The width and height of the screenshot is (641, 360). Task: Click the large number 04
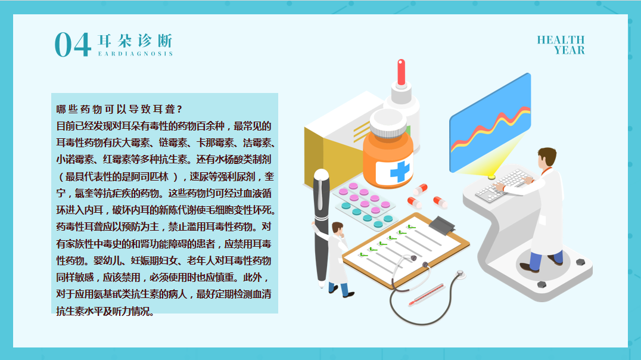tap(73, 44)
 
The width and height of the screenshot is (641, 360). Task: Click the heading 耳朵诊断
tap(135, 41)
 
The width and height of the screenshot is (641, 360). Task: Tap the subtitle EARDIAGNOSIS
tap(135, 54)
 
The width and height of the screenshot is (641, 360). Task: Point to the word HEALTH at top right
tap(561, 40)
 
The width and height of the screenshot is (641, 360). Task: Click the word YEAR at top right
tap(570, 50)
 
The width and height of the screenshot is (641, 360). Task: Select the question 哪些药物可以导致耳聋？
tap(119, 109)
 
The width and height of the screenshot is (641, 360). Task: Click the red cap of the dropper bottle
tap(402, 72)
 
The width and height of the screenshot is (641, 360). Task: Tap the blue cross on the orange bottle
tap(399, 171)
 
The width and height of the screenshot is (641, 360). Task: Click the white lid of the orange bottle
tap(388, 123)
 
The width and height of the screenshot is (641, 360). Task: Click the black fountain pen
tap(321, 225)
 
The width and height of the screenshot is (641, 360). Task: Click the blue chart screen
tap(490, 123)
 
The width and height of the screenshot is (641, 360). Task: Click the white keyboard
tap(503, 185)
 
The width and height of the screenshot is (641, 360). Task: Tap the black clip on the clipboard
tap(441, 225)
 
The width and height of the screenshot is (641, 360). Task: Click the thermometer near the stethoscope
tap(427, 295)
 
